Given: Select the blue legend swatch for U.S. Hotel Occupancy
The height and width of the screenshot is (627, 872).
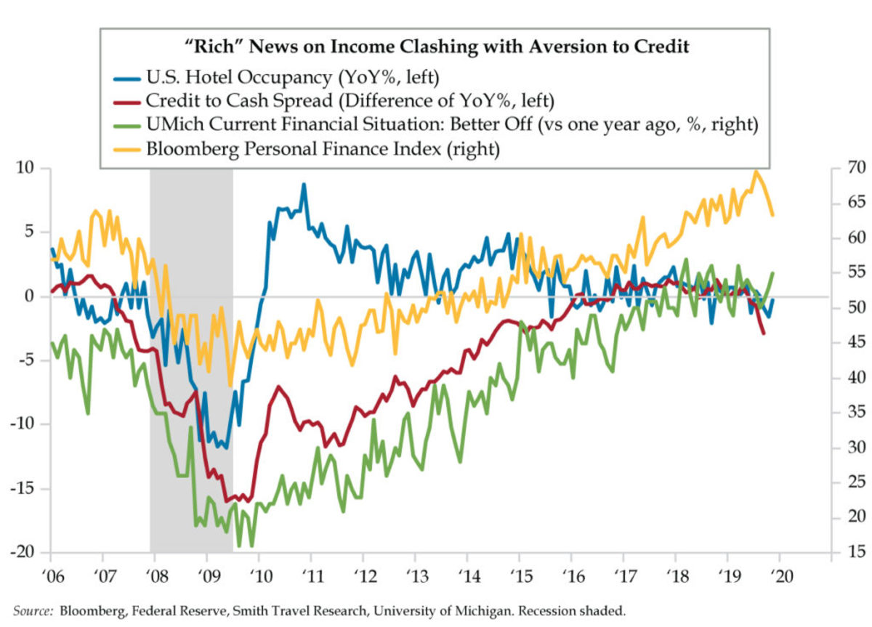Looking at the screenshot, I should [127, 75].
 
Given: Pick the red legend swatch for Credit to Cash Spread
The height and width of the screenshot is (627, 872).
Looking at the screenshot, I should [127, 100].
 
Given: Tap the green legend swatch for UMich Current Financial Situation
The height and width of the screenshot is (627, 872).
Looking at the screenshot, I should [127, 126].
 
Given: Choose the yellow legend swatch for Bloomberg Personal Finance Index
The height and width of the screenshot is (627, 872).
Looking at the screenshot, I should [127, 150].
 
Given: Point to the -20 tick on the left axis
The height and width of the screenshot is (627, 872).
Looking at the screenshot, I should [27, 552].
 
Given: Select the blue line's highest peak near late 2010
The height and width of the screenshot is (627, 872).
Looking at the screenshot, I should [304, 185].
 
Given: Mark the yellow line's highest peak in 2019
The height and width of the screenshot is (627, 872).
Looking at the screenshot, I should [756, 171].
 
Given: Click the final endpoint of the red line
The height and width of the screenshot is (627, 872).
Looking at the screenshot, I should [763, 333].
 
